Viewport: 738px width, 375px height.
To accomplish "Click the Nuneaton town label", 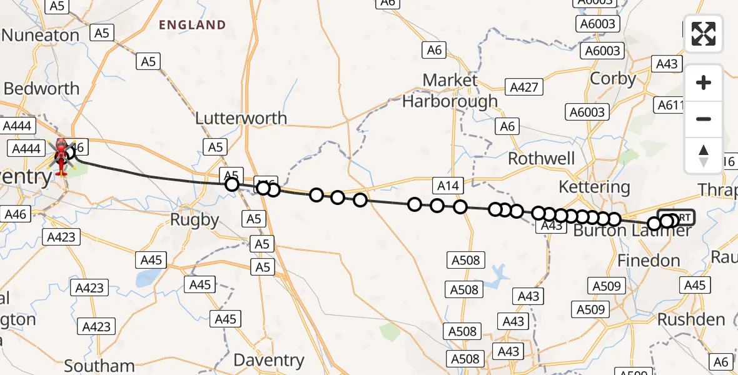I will tap(40, 35).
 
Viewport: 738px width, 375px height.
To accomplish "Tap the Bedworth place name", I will tap(41, 89).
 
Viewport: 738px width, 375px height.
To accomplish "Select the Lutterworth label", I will tap(241, 118).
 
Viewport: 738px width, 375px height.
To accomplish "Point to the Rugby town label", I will tap(195, 219).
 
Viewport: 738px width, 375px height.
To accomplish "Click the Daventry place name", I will tap(268, 361).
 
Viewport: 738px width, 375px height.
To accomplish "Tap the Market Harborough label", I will tap(450, 91).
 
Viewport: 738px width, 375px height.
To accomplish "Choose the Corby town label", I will tap(613, 79).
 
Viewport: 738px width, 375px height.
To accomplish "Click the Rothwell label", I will tap(542, 159).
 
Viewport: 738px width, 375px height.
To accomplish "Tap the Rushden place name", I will tap(691, 319).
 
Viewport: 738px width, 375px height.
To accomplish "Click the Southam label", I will tap(99, 366).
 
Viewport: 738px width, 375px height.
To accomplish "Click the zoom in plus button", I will tap(704, 82).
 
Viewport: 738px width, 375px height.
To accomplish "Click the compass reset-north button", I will tap(704, 155).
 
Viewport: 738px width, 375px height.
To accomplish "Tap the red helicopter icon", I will tap(61, 155).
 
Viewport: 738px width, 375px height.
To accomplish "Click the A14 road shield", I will tap(448, 185).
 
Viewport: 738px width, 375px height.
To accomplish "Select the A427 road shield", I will tap(524, 87).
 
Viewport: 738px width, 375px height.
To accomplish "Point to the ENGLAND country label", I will tap(192, 25).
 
